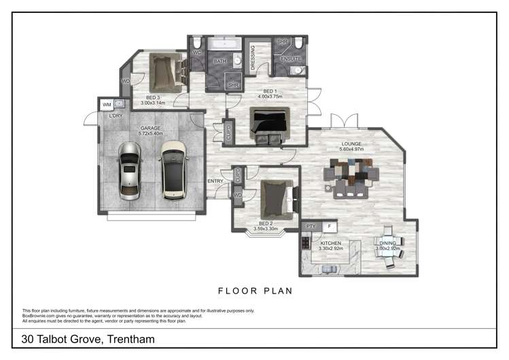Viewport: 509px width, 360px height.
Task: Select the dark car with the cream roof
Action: click(173, 170)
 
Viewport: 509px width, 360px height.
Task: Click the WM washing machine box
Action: click(107, 105)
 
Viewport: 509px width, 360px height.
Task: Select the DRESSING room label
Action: click(253, 57)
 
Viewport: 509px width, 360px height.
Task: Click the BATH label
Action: click(220, 61)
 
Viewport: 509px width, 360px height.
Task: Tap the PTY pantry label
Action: click(311, 226)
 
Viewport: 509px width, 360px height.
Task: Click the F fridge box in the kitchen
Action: click(329, 226)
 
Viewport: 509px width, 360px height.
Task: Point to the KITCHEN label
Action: click(330, 242)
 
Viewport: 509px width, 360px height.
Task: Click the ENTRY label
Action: click(215, 181)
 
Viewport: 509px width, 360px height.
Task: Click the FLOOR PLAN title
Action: click(255, 291)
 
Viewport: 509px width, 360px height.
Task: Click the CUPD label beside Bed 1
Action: click(228, 132)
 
